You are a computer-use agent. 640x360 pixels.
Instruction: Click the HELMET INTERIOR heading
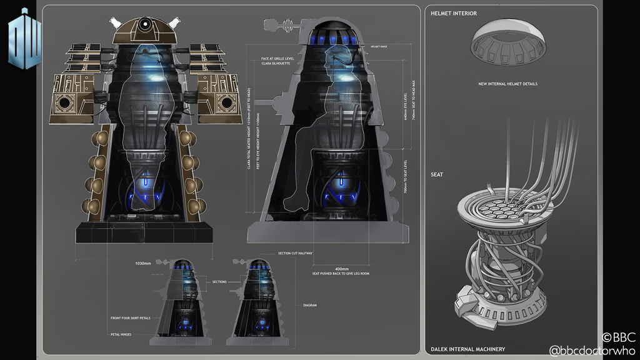pos(453,13)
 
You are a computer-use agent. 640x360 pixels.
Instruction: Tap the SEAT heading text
pos(437,174)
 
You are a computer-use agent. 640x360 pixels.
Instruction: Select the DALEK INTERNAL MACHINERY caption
pos(467,349)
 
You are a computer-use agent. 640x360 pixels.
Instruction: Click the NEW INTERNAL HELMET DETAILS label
pos(507,83)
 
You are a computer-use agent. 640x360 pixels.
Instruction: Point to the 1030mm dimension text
pos(143,264)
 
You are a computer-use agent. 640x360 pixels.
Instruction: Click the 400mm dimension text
pos(341,267)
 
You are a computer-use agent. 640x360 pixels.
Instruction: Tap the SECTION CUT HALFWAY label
pos(295,253)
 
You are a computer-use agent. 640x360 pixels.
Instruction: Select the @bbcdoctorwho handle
pos(593,351)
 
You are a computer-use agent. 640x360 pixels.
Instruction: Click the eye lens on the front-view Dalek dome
pos(144,26)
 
